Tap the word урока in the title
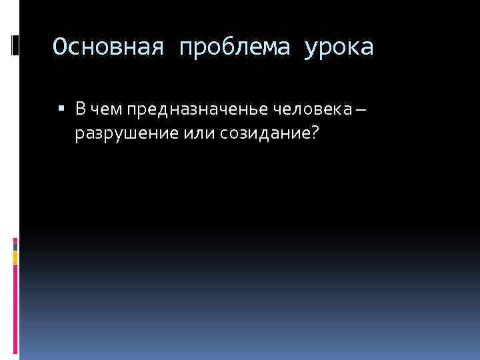[340, 47]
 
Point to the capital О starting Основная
[59, 47]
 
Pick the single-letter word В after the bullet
[80, 109]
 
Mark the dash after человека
[361, 109]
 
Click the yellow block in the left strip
[15, 257]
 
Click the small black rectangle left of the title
[15, 45]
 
